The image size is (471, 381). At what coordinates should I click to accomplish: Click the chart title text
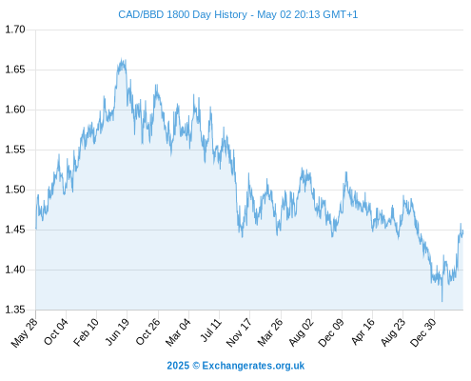[x=238, y=14]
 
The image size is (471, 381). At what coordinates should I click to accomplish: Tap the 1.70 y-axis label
[x=15, y=30]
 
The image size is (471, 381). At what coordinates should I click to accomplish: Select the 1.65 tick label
[x=15, y=70]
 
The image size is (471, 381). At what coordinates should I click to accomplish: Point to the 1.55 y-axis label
[x=15, y=150]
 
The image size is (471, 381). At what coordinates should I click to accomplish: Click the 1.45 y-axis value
[x=15, y=230]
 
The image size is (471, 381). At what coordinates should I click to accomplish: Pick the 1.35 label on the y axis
[x=15, y=310]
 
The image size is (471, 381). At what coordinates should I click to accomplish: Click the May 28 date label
[x=25, y=332]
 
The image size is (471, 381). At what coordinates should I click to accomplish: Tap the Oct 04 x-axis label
[x=56, y=331]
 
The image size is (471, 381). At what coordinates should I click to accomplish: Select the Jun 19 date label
[x=117, y=331]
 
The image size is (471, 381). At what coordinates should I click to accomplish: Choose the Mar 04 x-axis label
[x=178, y=332]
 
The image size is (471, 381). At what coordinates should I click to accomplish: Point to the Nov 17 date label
[x=239, y=332]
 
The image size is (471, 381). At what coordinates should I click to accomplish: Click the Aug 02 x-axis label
[x=302, y=332]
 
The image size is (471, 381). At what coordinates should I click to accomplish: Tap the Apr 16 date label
[x=363, y=331]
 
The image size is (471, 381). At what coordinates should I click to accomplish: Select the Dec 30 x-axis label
[x=423, y=332]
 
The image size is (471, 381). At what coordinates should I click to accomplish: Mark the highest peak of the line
[x=122, y=58]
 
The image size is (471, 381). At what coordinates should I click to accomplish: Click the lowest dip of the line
[x=442, y=301]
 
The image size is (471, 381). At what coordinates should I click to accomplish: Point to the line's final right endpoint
[x=462, y=231]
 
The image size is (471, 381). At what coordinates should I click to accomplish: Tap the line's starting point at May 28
[x=36, y=229]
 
